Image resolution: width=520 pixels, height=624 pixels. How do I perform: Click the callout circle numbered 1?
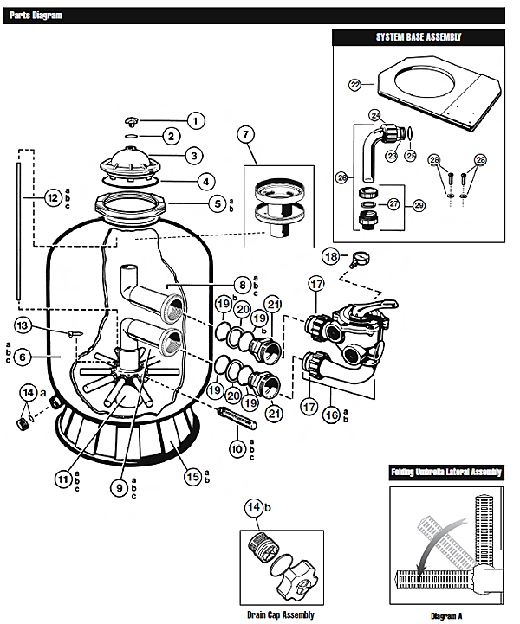195,120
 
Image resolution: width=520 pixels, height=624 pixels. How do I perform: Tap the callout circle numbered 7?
245,134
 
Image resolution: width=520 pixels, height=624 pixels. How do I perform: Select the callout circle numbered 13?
23,325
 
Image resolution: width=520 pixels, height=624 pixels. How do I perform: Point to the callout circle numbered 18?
331,256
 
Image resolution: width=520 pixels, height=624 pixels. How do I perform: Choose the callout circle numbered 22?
355,85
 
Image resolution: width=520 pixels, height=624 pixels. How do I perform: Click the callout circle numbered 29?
419,205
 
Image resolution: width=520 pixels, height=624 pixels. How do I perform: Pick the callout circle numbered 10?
237,449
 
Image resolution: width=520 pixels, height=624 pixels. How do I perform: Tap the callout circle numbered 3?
194,156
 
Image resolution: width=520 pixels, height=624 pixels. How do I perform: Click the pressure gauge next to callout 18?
360,260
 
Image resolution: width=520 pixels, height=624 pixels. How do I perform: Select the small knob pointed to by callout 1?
130,120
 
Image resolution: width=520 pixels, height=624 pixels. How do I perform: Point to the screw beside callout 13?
75,333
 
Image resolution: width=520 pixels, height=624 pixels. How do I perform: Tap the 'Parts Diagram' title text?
36,16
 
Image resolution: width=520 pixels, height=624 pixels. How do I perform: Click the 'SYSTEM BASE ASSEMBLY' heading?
419,37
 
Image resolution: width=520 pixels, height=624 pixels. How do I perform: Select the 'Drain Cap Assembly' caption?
281,614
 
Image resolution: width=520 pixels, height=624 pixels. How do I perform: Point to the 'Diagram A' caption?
446,616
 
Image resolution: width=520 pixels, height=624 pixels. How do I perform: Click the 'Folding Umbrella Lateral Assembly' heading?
446,472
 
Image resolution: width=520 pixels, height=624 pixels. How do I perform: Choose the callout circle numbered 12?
53,198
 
